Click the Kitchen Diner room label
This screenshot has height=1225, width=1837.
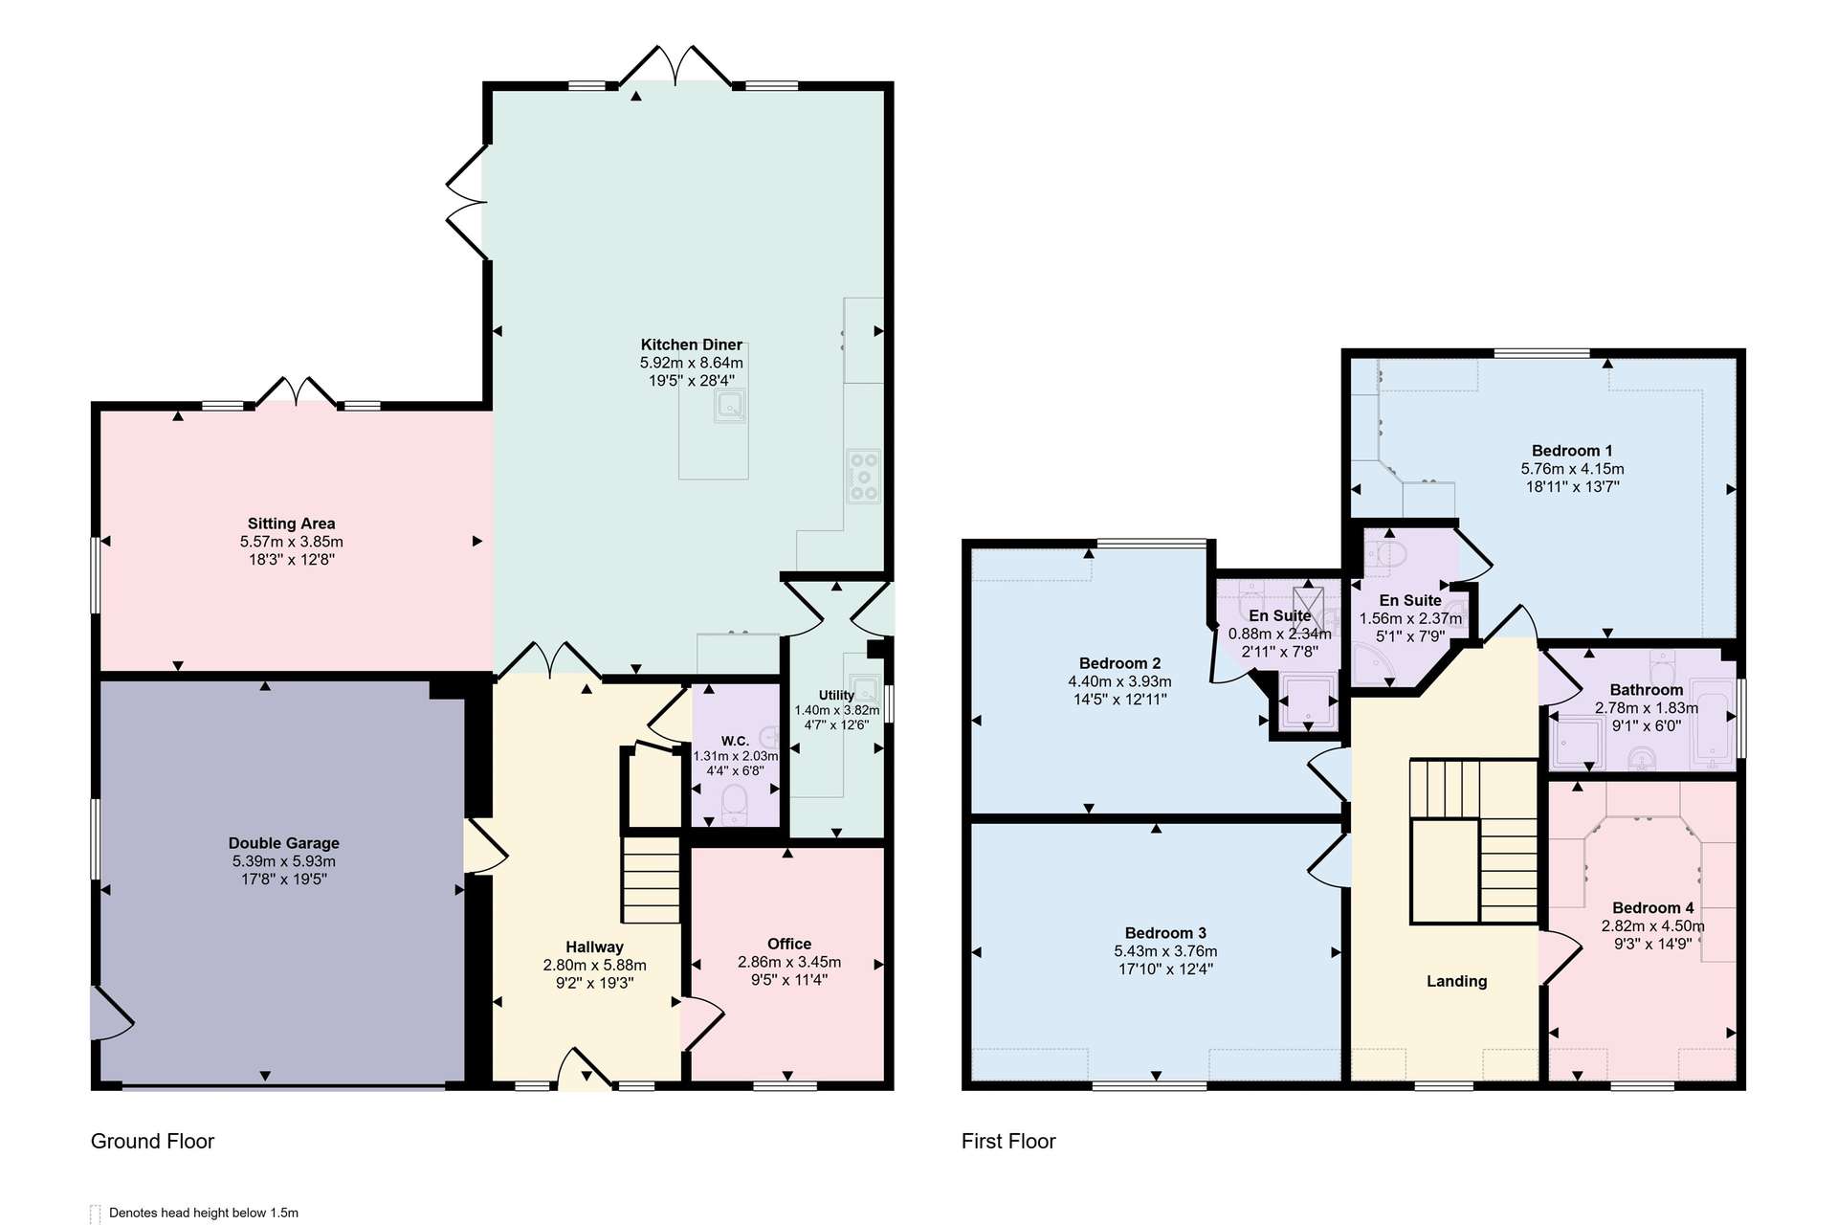(691, 345)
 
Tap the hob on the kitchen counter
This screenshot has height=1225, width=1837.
(863, 477)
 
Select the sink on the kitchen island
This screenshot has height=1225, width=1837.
(730, 408)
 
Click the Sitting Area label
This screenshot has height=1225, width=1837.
(291, 523)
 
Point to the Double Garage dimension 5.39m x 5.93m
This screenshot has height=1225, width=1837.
(284, 861)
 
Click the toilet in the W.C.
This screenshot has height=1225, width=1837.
(734, 804)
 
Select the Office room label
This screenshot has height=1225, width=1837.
(789, 944)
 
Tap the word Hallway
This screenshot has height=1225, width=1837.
(594, 947)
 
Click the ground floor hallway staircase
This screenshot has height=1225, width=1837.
(652, 880)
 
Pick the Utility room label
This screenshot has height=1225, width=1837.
(836, 696)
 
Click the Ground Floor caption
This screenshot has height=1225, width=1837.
(152, 1141)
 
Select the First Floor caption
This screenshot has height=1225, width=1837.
(1008, 1141)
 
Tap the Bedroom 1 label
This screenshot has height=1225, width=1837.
(1572, 451)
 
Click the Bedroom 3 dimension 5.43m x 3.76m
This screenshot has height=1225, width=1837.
(1165, 951)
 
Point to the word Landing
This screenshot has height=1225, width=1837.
(1456, 981)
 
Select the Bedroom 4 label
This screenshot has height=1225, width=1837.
(1652, 908)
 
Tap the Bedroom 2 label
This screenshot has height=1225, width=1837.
(1119, 663)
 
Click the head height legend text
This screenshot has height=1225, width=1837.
(204, 1213)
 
